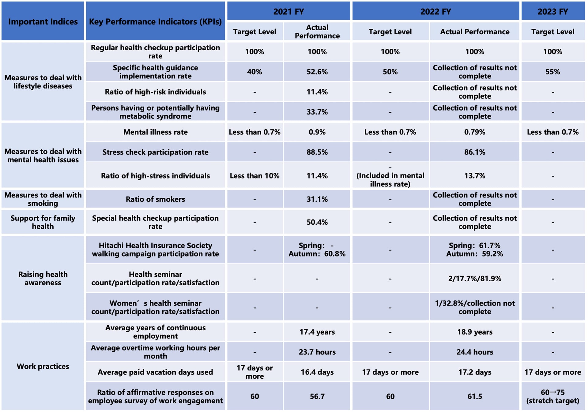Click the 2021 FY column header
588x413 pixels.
288,12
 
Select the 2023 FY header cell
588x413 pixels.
553,12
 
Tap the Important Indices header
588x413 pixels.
43,21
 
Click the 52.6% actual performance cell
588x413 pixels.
317,72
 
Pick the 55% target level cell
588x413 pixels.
553,72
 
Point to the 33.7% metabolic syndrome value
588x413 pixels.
317,112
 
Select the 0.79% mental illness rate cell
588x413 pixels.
474,132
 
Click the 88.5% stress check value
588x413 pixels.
317,152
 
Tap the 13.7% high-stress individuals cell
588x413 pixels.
474,176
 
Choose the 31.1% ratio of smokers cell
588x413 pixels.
317,199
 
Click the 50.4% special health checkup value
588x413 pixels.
317,222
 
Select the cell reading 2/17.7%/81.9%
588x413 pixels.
474,279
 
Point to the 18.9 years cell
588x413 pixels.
474,332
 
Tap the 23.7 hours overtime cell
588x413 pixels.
317,352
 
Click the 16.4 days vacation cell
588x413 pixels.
317,372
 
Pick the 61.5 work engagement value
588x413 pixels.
474,396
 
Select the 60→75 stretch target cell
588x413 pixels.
553,396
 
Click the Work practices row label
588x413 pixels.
43,366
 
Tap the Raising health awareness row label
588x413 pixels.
43,278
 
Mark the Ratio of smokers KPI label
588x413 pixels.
155,199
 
